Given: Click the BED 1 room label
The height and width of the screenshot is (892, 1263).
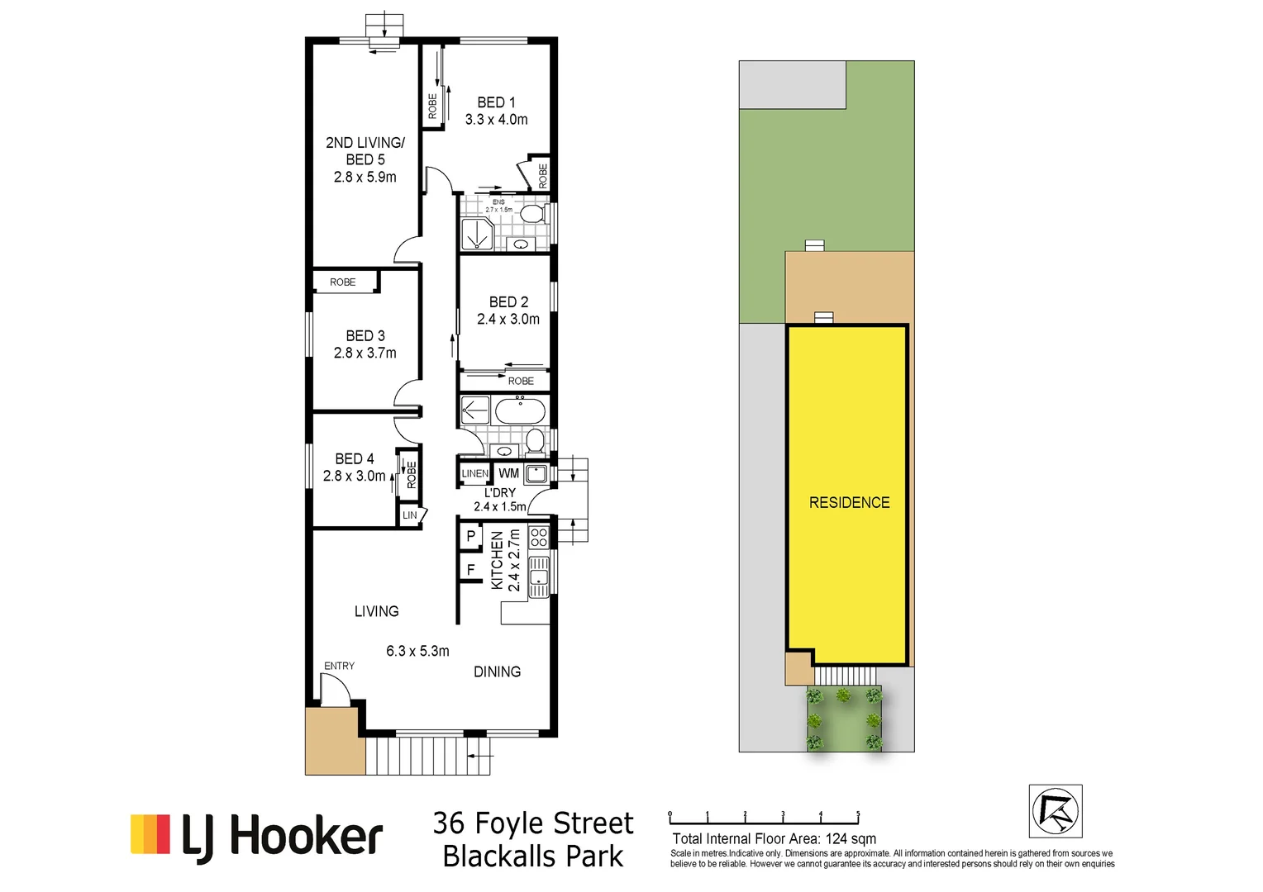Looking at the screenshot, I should [496, 102].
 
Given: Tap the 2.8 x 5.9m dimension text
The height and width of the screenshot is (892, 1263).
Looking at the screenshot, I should [365, 177].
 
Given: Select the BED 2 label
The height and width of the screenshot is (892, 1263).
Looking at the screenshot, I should [508, 302].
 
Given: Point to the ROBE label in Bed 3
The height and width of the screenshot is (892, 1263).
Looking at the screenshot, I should [342, 282].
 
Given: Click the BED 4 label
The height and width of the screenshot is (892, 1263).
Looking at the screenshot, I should [355, 458].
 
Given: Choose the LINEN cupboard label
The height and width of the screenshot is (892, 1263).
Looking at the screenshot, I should [474, 473].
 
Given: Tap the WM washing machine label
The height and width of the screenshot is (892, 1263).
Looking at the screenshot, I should [508, 473].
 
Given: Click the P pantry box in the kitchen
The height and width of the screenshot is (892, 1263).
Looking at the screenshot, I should [471, 536].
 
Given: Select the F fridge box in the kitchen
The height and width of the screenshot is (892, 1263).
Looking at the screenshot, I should [471, 569].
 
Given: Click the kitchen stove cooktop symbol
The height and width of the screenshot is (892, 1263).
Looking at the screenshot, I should [539, 538].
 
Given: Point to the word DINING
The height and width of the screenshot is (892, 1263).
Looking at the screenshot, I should [497, 671].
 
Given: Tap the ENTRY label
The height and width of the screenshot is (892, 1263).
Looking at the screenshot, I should [339, 666].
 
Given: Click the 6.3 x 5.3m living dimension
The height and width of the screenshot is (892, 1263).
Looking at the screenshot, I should [417, 651].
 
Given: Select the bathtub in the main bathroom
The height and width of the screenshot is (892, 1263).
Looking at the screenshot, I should [520, 410].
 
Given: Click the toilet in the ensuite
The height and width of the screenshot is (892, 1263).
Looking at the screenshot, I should [531, 215].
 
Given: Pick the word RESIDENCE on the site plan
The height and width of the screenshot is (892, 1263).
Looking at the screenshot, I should [849, 502].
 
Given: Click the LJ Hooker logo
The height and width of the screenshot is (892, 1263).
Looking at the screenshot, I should [257, 836].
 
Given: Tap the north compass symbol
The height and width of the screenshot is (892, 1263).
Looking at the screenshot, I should [1056, 811].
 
